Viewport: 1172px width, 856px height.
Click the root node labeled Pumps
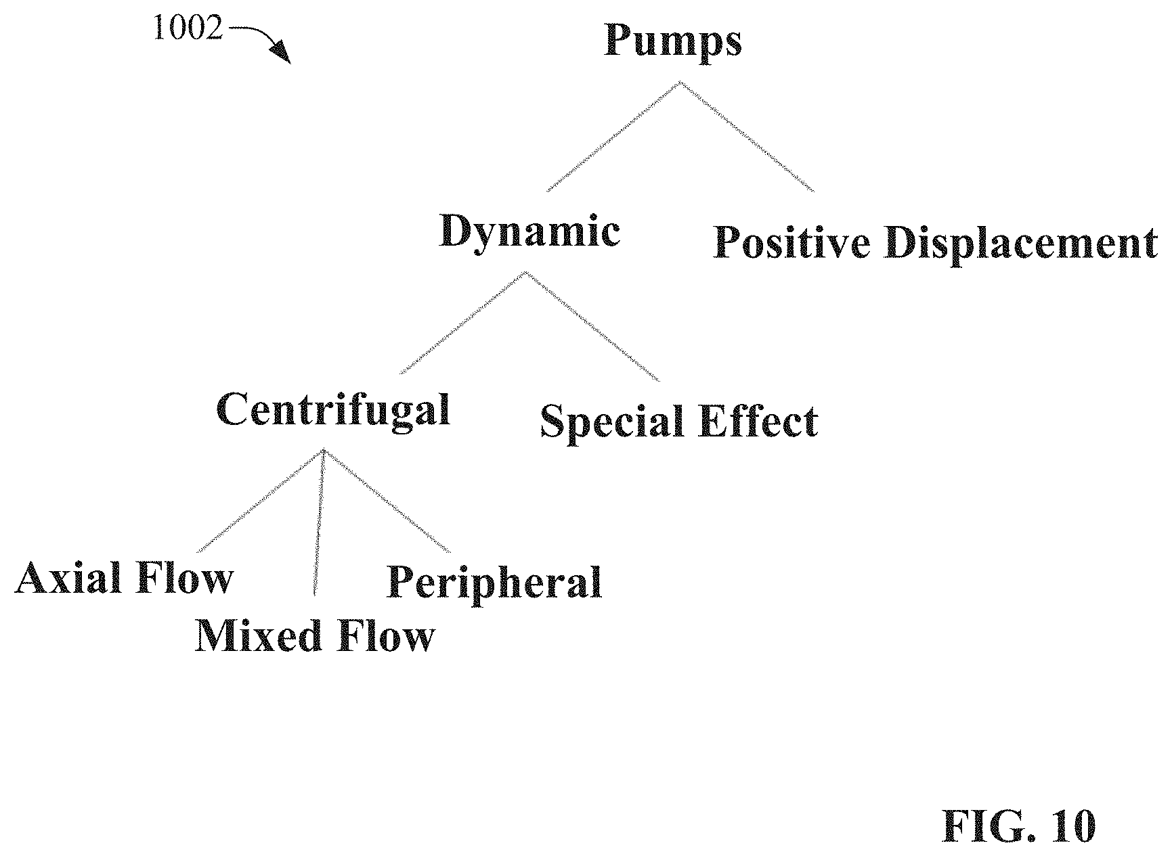(x=672, y=42)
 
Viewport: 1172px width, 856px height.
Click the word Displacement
(x=1020, y=244)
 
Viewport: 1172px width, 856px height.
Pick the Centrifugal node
(x=333, y=410)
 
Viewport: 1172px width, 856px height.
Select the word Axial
(x=68, y=578)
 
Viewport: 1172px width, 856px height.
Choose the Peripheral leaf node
(x=494, y=583)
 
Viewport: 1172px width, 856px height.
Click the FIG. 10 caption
(x=1018, y=826)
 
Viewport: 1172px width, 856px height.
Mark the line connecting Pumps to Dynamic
(x=613, y=137)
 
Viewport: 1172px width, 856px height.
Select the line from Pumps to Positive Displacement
(x=747, y=137)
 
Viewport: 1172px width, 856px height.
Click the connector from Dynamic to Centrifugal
(x=463, y=323)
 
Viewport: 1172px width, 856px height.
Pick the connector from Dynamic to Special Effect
(x=593, y=326)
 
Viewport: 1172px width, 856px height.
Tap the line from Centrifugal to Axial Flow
(x=261, y=501)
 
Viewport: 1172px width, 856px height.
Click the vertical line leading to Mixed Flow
(x=320, y=522)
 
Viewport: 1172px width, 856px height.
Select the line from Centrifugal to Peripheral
(x=388, y=501)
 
